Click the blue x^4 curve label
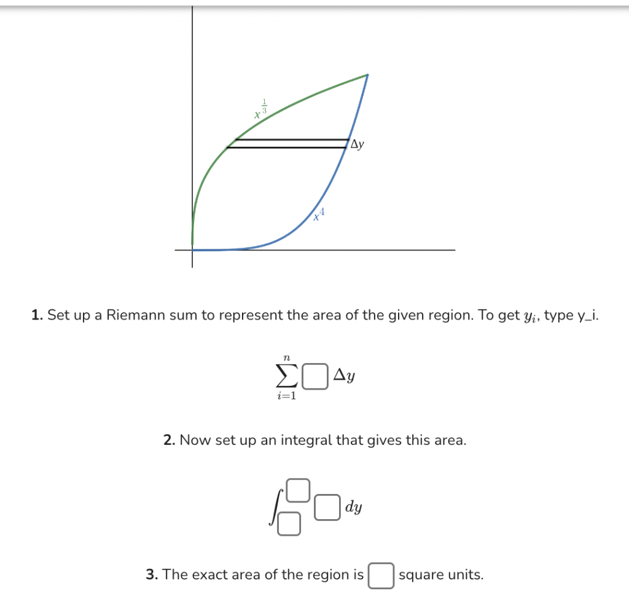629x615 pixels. tap(319, 214)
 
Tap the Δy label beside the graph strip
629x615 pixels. tap(357, 144)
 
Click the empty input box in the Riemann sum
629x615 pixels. tap(314, 377)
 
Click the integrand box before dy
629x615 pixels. tap(327, 507)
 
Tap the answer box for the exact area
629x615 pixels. tap(381, 576)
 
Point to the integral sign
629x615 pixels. tap(273, 507)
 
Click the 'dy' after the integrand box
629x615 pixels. tap(353, 507)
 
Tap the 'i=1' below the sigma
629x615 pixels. tap(286, 396)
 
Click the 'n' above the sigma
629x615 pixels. tap(286, 356)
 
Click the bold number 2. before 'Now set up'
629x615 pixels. tap(170, 440)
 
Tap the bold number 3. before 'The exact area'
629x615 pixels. tap(152, 575)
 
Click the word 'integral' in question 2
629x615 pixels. tap(304, 440)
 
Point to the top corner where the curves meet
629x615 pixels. tap(367, 75)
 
